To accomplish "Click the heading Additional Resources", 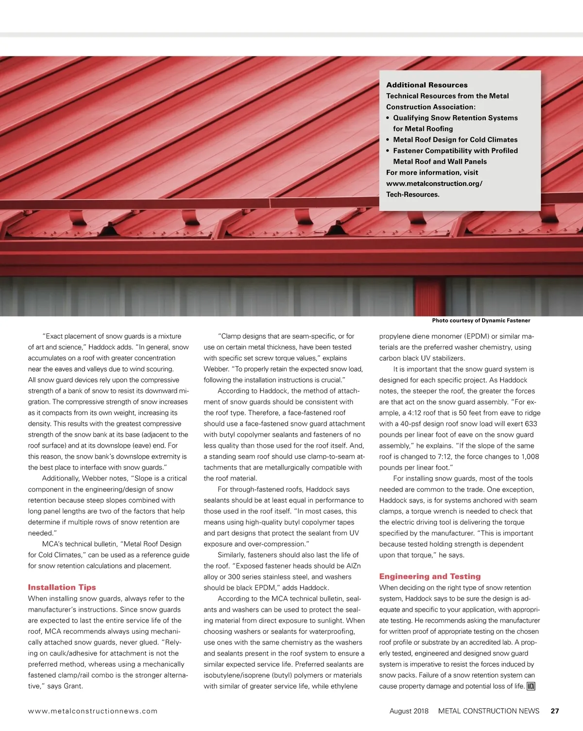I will tap(427, 85).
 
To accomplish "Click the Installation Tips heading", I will tap(62, 587).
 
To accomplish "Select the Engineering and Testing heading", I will tap(429, 576).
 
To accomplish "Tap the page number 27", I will tap(555, 711).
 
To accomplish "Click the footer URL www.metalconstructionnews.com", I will tap(93, 711).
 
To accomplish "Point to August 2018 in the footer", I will tap(409, 711).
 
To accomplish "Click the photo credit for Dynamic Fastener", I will tap(481, 321).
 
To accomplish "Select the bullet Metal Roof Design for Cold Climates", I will tap(455, 139).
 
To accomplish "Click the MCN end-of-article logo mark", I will tap(531, 686).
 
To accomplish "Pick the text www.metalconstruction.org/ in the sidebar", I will tap(434, 184).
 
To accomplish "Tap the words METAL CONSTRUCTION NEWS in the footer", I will tap(488, 711).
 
